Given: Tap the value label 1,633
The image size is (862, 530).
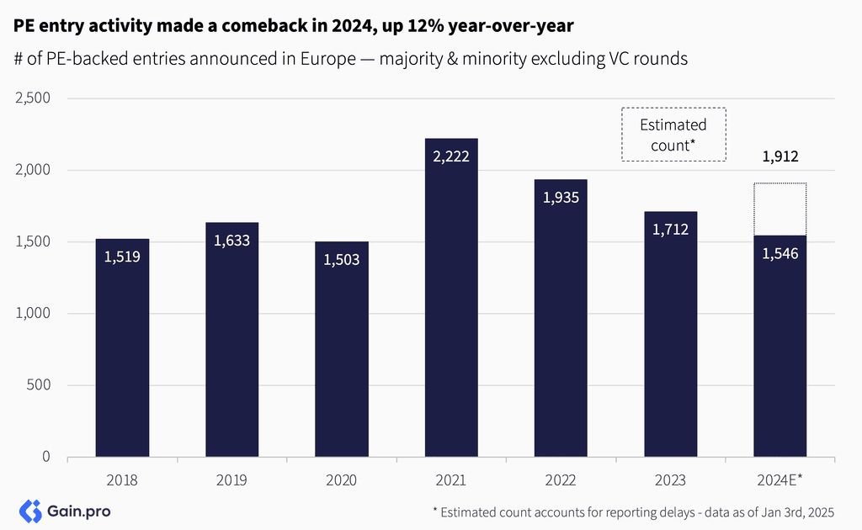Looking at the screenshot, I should [x=231, y=241].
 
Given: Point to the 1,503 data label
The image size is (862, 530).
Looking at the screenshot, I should [x=342, y=260].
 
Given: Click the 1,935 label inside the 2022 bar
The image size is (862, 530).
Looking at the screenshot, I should [x=561, y=198].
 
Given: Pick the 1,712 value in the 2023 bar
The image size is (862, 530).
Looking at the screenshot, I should [x=671, y=229].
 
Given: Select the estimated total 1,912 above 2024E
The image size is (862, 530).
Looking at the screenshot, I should [x=780, y=156].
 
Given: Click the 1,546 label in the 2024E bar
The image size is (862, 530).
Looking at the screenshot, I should [x=780, y=253].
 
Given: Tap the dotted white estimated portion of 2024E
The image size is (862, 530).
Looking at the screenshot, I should [x=780, y=209].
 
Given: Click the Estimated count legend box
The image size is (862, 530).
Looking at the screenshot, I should [x=673, y=135].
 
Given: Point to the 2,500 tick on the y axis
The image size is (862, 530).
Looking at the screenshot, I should [x=34, y=98].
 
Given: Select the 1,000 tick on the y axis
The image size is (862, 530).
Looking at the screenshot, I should [x=34, y=314].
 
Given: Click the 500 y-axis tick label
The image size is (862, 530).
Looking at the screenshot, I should [x=39, y=385].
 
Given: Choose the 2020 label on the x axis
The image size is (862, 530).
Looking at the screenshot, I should [x=342, y=480].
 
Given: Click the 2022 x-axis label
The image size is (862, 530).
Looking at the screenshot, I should [x=561, y=480].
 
